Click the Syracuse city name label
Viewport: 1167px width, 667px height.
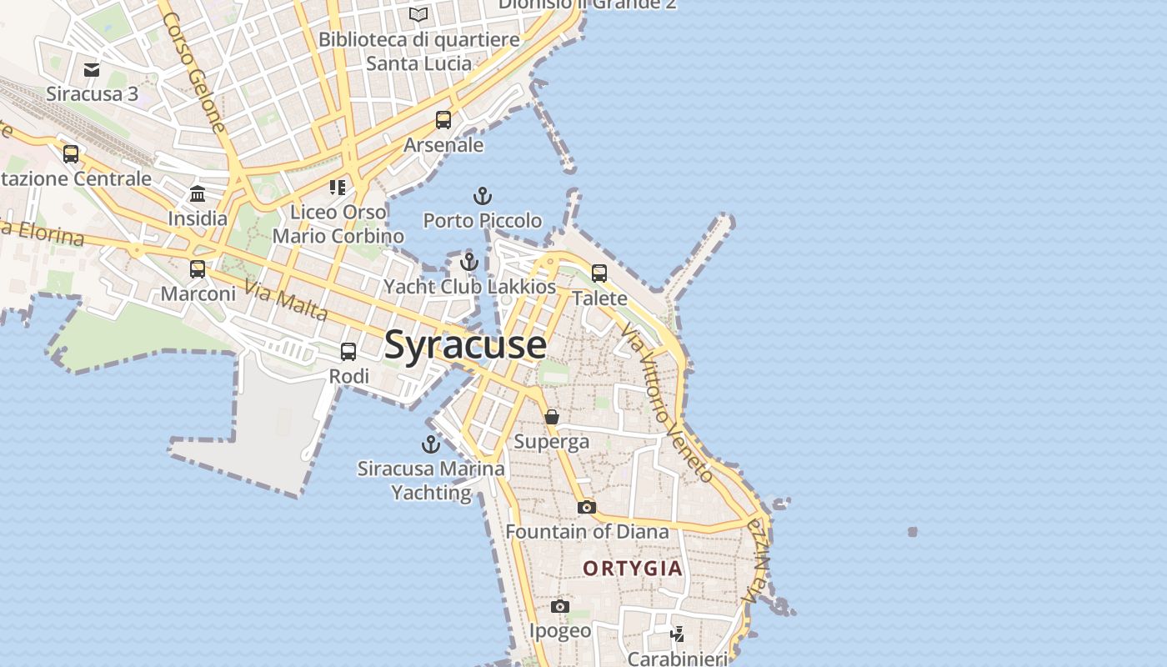pyautogui.click(x=465, y=345)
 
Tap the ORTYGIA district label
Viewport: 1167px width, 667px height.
pyautogui.click(x=633, y=569)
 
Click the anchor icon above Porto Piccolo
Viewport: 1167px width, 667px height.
pyautogui.click(x=483, y=197)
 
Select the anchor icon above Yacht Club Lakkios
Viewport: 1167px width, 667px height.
pyautogui.click(x=469, y=263)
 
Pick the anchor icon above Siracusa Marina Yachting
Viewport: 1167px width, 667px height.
pyautogui.click(x=431, y=444)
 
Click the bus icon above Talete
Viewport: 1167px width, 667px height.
pyautogui.click(x=599, y=273)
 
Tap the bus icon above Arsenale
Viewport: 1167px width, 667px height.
pyautogui.click(x=443, y=120)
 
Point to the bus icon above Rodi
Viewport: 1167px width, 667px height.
pyautogui.click(x=348, y=352)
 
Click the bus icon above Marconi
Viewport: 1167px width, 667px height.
pyautogui.click(x=198, y=269)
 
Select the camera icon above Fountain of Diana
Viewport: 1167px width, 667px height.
pyautogui.click(x=587, y=507)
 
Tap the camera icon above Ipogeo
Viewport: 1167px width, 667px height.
pyautogui.click(x=560, y=606)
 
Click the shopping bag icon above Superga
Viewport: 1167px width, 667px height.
pyautogui.click(x=552, y=417)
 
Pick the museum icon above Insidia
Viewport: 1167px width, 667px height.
pyautogui.click(x=198, y=194)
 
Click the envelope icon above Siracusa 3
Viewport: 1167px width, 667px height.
pyautogui.click(x=92, y=69)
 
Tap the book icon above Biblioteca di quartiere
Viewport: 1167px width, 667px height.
pyautogui.click(x=418, y=14)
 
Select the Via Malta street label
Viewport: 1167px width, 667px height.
pyautogui.click(x=286, y=301)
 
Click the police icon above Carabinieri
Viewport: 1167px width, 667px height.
pyautogui.click(x=678, y=634)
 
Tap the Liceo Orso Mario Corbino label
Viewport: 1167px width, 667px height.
pyautogui.click(x=338, y=224)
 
